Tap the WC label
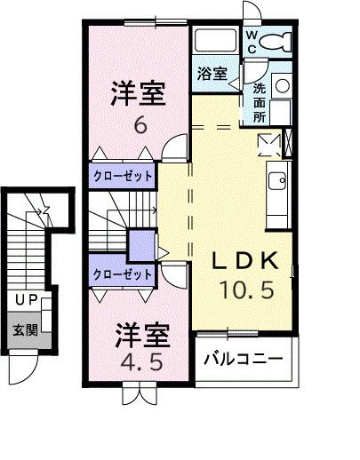(x=252, y=42)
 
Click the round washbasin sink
(x=281, y=86)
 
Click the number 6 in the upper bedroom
(x=140, y=125)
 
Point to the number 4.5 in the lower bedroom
(x=139, y=363)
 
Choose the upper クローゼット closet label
(x=123, y=176)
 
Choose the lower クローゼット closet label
(x=123, y=274)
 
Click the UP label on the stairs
(x=24, y=301)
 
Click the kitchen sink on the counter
(x=276, y=178)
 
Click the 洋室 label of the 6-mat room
(x=140, y=93)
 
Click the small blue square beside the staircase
(x=140, y=243)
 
